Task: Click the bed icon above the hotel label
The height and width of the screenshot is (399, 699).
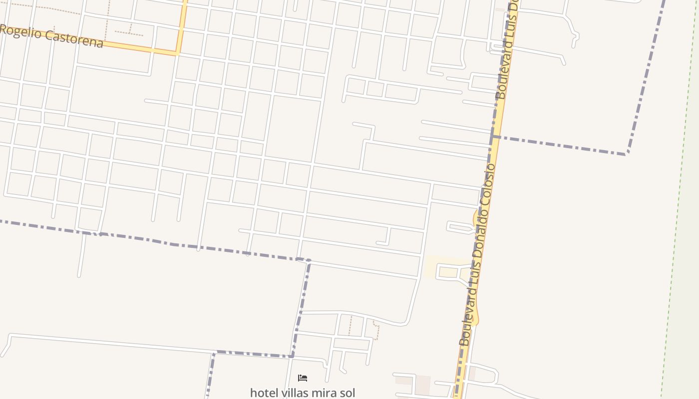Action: [302, 378]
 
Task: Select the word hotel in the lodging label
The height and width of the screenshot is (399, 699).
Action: [264, 393]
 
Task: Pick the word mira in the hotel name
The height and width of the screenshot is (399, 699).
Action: [324, 393]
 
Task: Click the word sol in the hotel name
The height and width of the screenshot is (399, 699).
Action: [347, 393]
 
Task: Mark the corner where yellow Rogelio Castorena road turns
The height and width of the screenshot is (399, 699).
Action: [177, 52]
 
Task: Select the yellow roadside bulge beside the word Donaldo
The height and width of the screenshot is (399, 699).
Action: [475, 217]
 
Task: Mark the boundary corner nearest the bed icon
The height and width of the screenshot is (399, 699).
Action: [293, 356]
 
